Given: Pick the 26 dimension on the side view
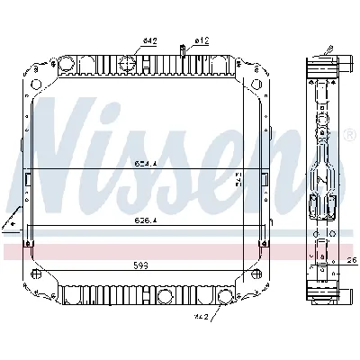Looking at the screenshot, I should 352,262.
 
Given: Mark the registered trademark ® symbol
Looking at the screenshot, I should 349,136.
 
